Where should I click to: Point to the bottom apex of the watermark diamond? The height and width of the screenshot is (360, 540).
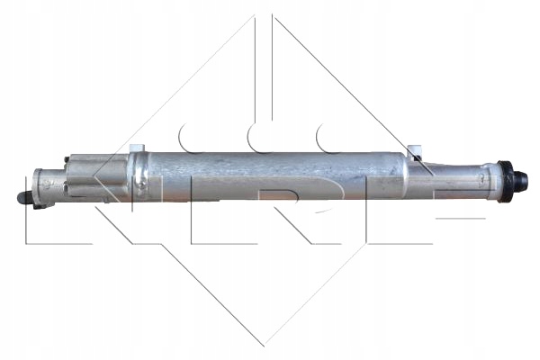[x=264, y=345]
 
